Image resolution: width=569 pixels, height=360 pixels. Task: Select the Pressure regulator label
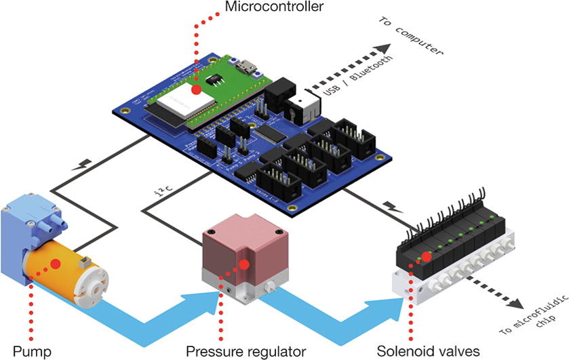point(245,351)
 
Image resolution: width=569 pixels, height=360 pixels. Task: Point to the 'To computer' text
point(410,37)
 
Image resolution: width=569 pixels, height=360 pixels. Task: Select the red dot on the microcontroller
point(196,89)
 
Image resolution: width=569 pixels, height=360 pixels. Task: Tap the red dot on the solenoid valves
point(427,256)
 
